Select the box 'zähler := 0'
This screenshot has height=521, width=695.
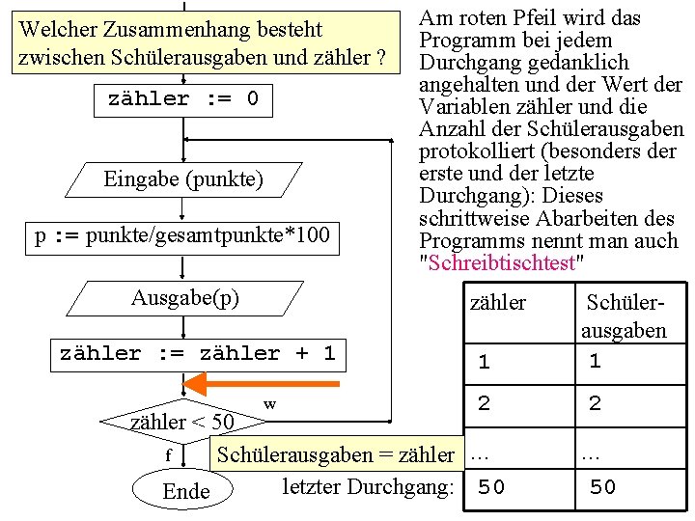[x=182, y=99]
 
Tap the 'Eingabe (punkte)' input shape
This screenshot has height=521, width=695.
[x=183, y=179]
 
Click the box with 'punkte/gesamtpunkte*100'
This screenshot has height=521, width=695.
[x=182, y=236]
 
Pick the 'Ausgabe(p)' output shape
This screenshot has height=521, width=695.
[x=185, y=298]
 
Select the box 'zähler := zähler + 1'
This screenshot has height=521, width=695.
[x=197, y=354]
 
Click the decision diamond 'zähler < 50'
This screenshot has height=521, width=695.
[x=181, y=421]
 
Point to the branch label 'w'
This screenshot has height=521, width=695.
[x=269, y=403]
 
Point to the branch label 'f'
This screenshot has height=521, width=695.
[x=168, y=455]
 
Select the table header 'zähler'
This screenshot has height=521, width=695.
[x=497, y=303]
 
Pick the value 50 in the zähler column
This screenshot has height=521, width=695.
[x=491, y=487]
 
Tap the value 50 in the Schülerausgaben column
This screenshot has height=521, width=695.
[x=602, y=487]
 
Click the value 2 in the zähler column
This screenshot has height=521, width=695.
[x=484, y=404]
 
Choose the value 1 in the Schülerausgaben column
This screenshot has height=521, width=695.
[x=595, y=362]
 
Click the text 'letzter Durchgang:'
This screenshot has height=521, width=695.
[x=368, y=486]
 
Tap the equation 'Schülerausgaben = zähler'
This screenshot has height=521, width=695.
[x=335, y=454]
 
